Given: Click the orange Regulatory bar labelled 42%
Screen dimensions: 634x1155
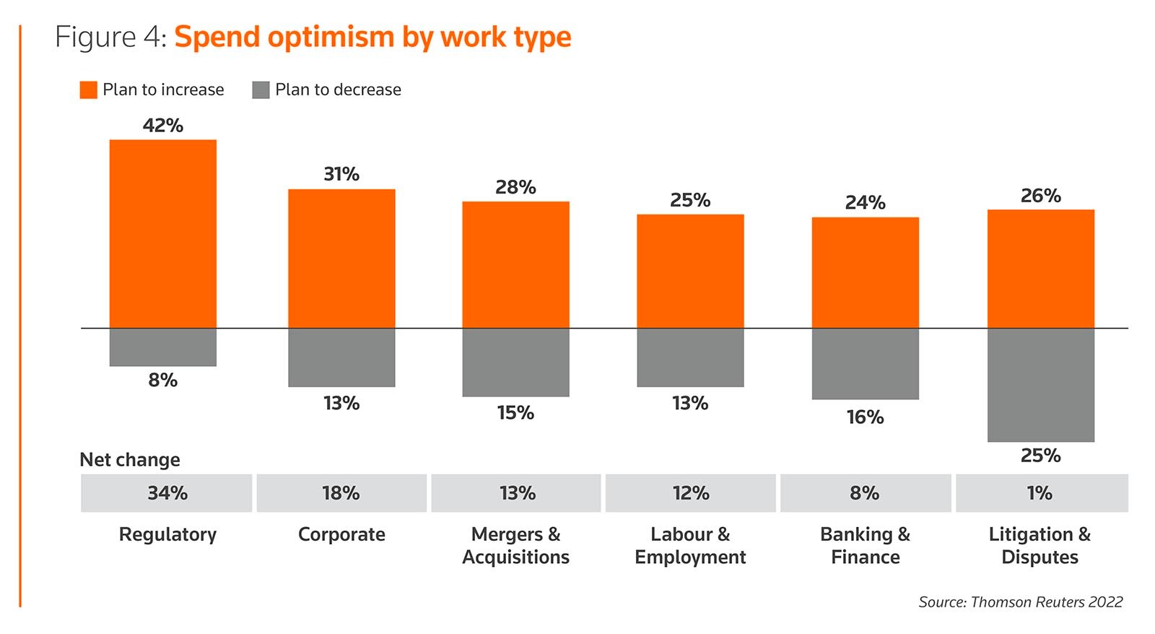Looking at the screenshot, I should (x=163, y=234).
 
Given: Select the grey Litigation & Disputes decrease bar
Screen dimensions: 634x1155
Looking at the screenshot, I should (x=1040, y=385).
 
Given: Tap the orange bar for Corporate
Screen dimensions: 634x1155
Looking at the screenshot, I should (x=341, y=259).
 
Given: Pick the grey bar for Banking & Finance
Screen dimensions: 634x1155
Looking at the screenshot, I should (x=865, y=364).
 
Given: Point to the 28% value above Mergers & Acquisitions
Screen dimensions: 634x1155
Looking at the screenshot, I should (x=515, y=188).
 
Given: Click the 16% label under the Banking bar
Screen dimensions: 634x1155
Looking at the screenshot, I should (x=865, y=417).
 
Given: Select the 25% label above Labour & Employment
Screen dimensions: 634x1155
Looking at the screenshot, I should (x=690, y=200).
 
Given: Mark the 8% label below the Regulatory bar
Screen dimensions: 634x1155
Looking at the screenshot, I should (x=163, y=381).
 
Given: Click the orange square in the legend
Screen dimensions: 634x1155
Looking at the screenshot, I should (x=88, y=90).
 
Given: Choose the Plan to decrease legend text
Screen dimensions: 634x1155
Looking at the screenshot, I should (x=338, y=90).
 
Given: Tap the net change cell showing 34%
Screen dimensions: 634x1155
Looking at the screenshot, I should (x=167, y=493).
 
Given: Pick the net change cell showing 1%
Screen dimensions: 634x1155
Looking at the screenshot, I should (x=1040, y=493).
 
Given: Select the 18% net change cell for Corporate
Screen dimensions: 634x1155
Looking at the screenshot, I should (x=341, y=493).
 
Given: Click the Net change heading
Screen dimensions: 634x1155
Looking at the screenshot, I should (x=130, y=460).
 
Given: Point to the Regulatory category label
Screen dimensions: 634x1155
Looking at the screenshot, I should (x=167, y=534).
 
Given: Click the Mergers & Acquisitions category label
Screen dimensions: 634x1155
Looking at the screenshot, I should (x=515, y=546).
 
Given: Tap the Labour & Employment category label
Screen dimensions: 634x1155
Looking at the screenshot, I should (x=690, y=546).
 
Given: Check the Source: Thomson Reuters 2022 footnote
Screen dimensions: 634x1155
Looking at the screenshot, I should (x=1020, y=602).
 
